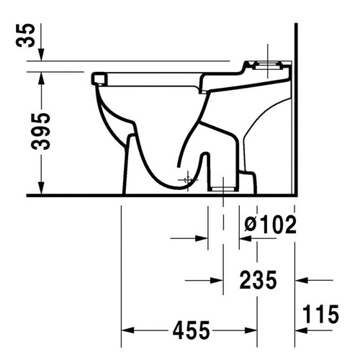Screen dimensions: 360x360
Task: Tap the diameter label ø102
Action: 270,225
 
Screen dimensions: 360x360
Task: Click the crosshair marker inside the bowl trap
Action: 189,176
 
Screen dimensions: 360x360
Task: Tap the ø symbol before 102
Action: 249,225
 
